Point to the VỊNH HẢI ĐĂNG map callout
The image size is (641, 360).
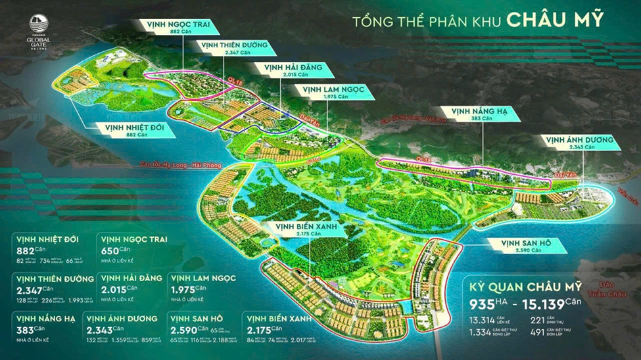[x=290, y=70]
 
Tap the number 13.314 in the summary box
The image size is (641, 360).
[x=487, y=321]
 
